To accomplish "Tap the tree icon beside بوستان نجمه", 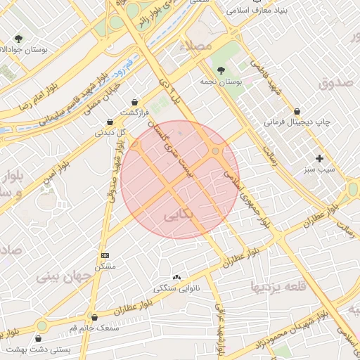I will (x=221, y=70).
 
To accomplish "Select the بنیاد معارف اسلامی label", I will (x=264, y=13).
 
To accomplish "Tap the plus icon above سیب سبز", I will (x=320, y=158).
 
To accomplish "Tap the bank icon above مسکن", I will (x=105, y=255).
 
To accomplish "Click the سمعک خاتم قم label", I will (x=95, y=328).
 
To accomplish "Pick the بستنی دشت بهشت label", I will (x=31, y=349).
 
